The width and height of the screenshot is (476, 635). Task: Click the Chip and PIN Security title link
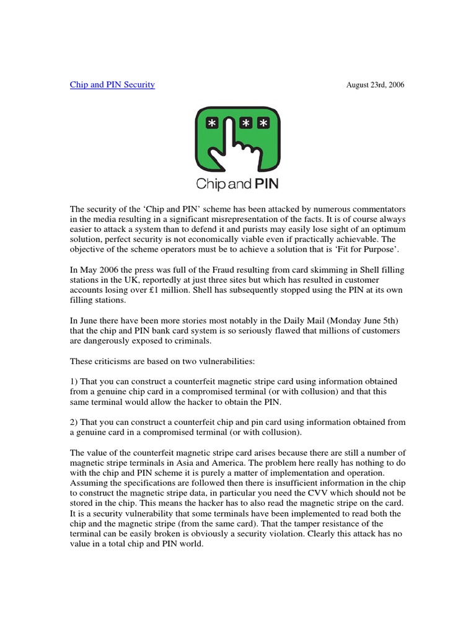(x=112, y=84)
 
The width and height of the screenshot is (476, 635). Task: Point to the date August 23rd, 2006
(x=375, y=85)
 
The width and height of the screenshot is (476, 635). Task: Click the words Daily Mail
(x=289, y=320)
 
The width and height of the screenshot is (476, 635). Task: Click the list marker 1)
(x=74, y=381)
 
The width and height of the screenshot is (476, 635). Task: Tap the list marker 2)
(x=74, y=422)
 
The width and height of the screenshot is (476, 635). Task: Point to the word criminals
(x=193, y=340)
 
